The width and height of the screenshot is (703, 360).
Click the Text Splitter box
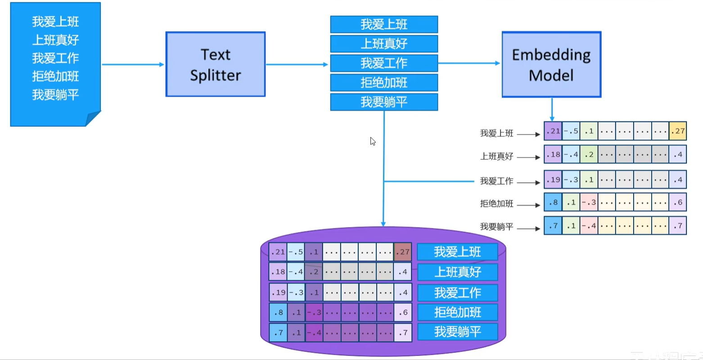pyautogui.click(x=215, y=64)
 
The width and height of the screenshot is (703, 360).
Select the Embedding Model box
pyautogui.click(x=551, y=64)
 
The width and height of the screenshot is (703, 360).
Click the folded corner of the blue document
pyautogui.click(x=93, y=119)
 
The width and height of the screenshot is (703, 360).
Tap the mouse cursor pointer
pyautogui.click(x=373, y=141)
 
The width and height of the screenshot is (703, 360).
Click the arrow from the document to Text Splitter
pyautogui.click(x=133, y=64)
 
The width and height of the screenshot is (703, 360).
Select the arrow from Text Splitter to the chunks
pyautogui.click(x=297, y=64)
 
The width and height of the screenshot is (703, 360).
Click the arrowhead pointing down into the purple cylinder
pyautogui.click(x=383, y=224)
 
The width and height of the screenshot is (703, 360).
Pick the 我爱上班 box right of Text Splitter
pyautogui.click(x=384, y=24)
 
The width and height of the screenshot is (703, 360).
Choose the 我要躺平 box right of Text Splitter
pyautogui.click(x=384, y=102)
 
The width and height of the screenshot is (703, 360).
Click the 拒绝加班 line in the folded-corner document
pyautogui.click(x=55, y=76)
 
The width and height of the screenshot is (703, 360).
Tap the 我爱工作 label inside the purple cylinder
pyautogui.click(x=457, y=292)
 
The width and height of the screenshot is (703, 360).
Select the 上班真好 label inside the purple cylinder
pyautogui.click(x=457, y=272)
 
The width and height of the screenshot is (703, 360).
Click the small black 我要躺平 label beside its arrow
pyautogui.click(x=496, y=227)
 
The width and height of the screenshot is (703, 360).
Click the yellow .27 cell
pyautogui.click(x=677, y=131)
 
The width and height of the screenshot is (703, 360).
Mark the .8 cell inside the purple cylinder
pyautogui.click(x=278, y=312)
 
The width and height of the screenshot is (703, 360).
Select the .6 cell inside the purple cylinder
pyautogui.click(x=402, y=312)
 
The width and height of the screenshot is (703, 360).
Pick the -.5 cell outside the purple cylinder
pyautogui.click(x=571, y=131)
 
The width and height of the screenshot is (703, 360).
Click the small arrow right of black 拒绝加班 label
pyautogui.click(x=528, y=205)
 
